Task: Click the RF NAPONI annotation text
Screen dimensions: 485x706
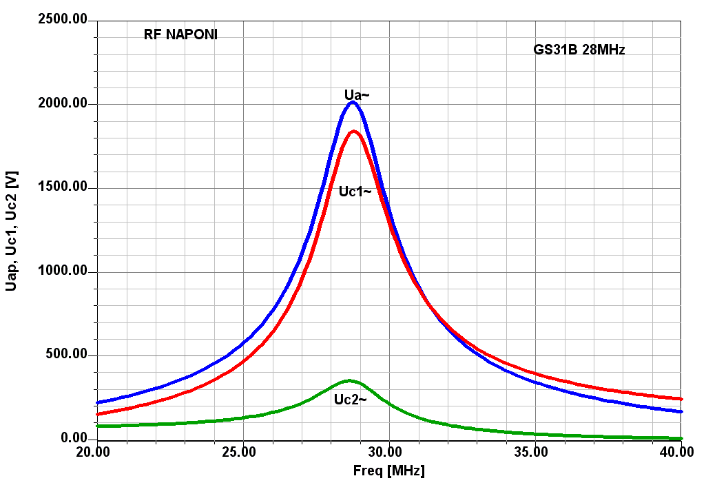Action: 180,34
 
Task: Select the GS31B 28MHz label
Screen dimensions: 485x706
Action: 579,50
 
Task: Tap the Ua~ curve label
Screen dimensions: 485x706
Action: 357,94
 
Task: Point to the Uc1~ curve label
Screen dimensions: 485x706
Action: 355,192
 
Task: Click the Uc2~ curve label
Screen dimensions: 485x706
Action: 350,399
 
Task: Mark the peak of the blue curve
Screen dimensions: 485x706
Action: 353,102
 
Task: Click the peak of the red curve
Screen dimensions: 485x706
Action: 354,131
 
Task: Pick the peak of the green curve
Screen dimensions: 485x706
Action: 350,380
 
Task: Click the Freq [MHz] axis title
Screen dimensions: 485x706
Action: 389,471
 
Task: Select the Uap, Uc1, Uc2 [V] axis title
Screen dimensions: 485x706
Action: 11,231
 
